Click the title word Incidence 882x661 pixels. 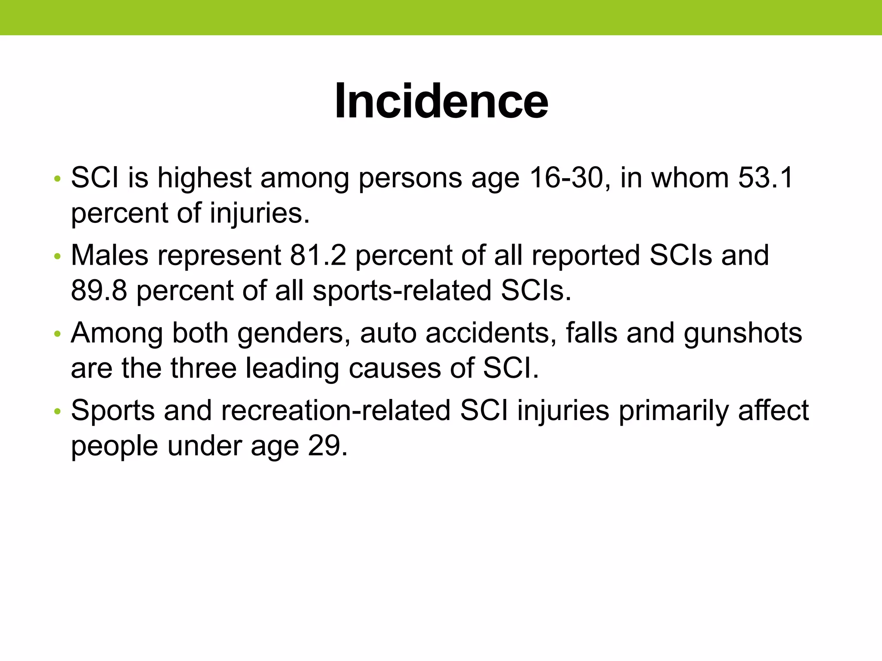(x=441, y=101)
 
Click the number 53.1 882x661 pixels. (x=765, y=177)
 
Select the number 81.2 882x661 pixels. (x=318, y=255)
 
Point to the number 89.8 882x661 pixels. (x=99, y=290)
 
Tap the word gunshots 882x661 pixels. (x=742, y=334)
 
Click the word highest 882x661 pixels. (x=204, y=177)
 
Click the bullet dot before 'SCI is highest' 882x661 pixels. (x=56, y=179)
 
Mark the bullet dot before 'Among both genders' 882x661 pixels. (x=56, y=334)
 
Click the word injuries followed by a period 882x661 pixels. (x=259, y=213)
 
